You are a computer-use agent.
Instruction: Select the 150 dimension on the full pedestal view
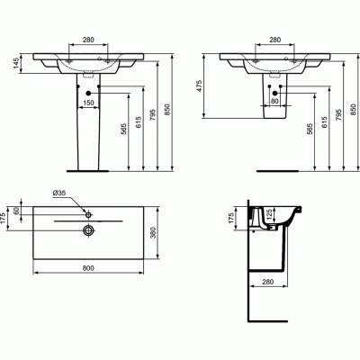[89, 103]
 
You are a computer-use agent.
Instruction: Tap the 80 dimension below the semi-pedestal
[274, 101]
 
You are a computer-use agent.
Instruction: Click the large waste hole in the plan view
[88, 230]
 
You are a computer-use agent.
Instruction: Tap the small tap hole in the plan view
[88, 214]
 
